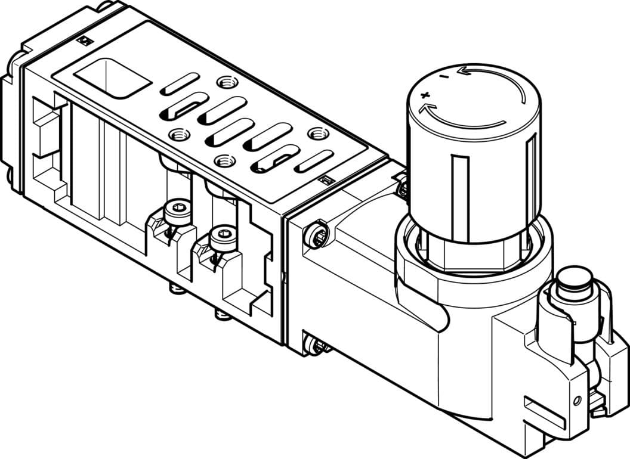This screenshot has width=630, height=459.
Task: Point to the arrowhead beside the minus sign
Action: [462, 71]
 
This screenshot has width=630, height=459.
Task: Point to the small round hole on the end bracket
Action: [576, 400]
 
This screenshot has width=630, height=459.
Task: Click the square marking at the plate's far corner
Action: [85, 41]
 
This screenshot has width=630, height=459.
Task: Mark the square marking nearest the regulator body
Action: [325, 179]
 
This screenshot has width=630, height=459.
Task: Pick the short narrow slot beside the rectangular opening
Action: [178, 84]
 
